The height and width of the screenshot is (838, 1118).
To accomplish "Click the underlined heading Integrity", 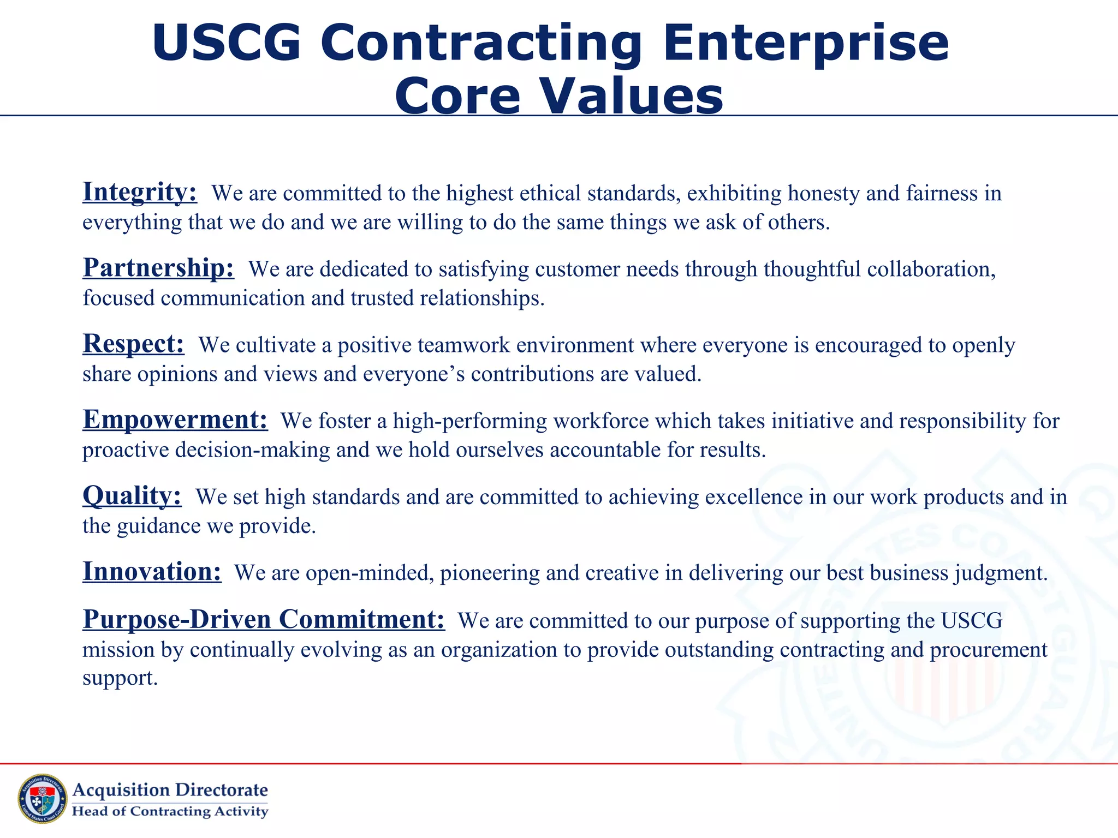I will click(139, 193).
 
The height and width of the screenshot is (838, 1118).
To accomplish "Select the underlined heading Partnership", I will click(158, 268).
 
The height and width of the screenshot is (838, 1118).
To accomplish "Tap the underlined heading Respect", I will click(133, 344).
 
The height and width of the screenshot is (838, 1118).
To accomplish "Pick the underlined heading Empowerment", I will click(175, 420).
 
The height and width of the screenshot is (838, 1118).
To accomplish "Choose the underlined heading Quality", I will click(132, 496).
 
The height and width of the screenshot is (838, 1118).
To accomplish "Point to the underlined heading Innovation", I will click(152, 572).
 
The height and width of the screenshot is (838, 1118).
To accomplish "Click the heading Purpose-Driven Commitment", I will click(264, 620).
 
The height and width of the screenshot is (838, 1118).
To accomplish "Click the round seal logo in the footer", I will click(43, 798).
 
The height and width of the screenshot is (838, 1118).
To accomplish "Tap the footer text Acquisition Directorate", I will click(170, 790).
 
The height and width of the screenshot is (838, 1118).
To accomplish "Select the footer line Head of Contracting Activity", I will click(170, 811).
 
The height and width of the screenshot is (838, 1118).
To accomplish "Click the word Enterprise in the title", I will click(806, 44).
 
